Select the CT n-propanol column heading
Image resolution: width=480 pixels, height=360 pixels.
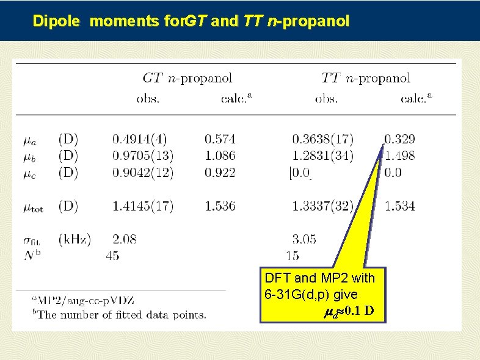pos(187,78)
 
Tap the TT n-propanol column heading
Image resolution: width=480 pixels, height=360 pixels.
pos(366,78)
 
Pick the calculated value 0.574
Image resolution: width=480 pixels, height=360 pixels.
pos(220,139)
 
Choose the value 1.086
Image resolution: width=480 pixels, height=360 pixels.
pos(220,156)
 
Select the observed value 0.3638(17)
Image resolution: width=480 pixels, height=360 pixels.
pos(322,139)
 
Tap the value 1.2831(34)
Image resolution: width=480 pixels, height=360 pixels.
pos(322,156)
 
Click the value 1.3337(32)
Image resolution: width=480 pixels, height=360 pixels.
pos(322,206)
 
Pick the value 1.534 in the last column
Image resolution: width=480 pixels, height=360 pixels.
pos(399,206)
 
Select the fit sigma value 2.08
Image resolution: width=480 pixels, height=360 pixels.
pos(125,239)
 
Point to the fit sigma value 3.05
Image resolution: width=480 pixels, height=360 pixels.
pos(304,239)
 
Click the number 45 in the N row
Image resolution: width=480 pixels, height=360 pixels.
pos(112,256)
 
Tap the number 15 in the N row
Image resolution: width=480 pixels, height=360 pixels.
pos(292,256)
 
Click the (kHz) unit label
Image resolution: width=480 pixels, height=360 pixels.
pos(75,239)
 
